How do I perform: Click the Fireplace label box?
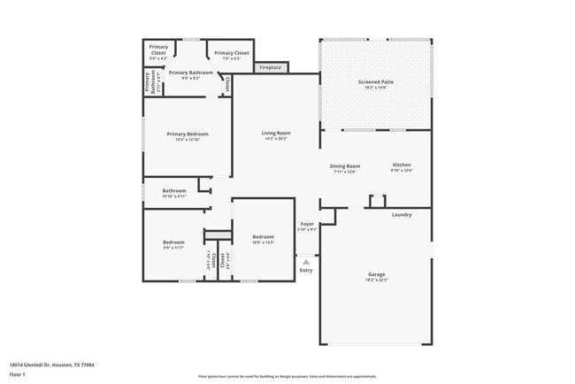pyautogui.click(x=271, y=67)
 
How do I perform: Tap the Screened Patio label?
pyautogui.click(x=375, y=82)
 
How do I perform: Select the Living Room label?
pyautogui.click(x=276, y=134)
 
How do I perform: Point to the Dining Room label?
pyautogui.click(x=345, y=166)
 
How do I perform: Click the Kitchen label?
pyautogui.click(x=402, y=165)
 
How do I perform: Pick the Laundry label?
pyautogui.click(x=402, y=213)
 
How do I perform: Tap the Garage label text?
pyautogui.click(x=376, y=274)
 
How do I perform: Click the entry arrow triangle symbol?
pyautogui.click(x=306, y=262)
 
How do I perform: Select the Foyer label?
pyautogui.click(x=307, y=225)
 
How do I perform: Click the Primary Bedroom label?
pyautogui.click(x=188, y=134)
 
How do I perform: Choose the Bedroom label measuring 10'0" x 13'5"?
pyautogui.click(x=263, y=237)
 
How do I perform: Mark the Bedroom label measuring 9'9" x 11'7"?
pyautogui.click(x=173, y=242)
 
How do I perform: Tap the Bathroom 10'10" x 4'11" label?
pyautogui.click(x=174, y=191)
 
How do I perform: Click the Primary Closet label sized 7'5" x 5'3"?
pyautogui.click(x=231, y=53)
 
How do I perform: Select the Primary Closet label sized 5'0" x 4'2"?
pyautogui.click(x=158, y=50)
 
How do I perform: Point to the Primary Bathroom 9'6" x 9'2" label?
pyautogui.click(x=190, y=73)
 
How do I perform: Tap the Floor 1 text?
pyautogui.click(x=17, y=375)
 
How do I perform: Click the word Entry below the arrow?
pyautogui.click(x=306, y=271)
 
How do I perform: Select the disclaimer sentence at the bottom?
pyautogui.click(x=287, y=376)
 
